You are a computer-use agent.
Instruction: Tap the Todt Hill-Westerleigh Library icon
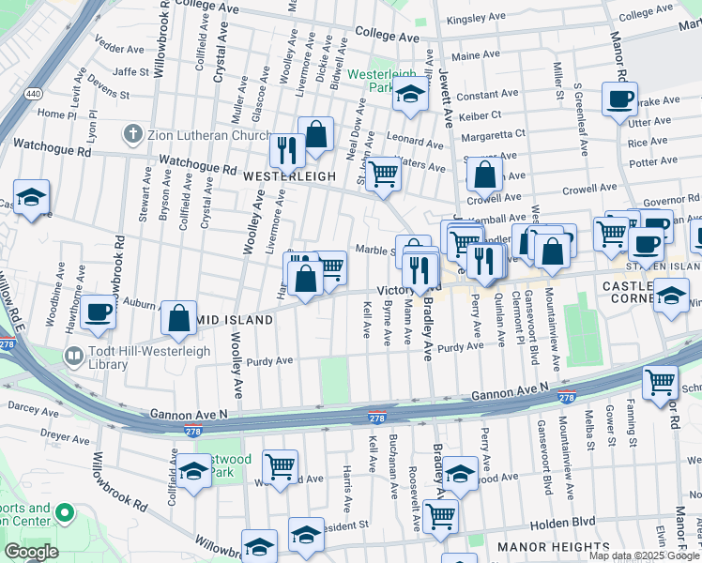pos(72,356)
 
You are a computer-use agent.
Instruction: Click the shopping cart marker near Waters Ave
pos(382,174)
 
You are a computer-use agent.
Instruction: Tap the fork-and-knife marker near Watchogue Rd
pos(286,149)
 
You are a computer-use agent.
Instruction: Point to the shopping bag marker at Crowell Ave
pos(484,175)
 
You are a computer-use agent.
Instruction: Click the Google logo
pos(31,552)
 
